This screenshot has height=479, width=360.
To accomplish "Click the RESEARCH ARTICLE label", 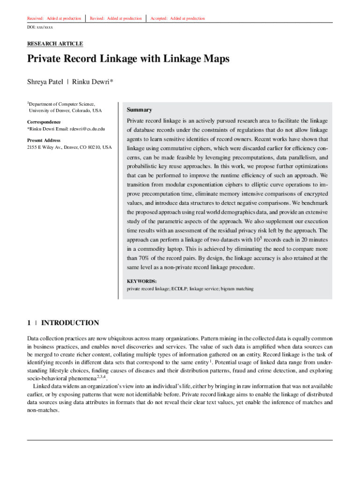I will [55, 44].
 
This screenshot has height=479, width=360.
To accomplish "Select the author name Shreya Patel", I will [45, 82].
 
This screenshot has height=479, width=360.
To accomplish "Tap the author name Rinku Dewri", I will [91, 82].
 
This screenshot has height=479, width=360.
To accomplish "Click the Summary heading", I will [139, 110].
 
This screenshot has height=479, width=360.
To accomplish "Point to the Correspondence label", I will [44, 122].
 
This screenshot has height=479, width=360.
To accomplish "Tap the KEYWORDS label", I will [142, 281].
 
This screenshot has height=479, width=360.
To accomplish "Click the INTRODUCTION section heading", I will [70, 323].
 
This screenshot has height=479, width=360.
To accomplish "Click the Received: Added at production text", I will [54, 18].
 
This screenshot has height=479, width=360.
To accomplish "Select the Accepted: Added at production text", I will [178, 18].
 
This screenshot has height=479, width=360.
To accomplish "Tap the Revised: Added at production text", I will [115, 18].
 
